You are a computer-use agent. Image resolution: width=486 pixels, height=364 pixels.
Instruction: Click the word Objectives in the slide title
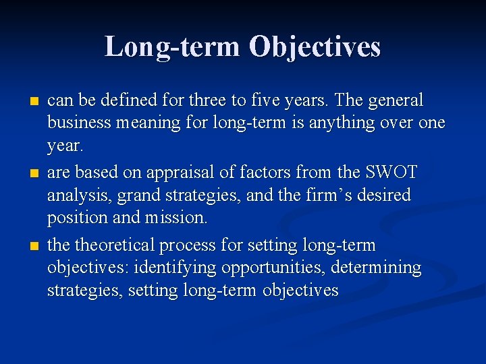(x=315, y=47)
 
